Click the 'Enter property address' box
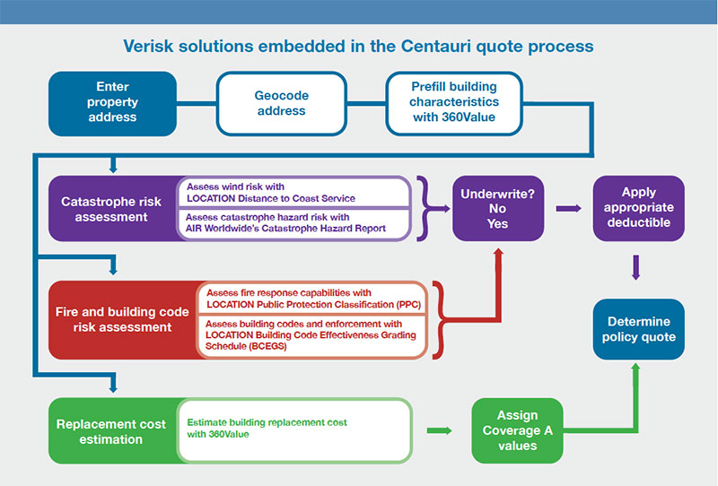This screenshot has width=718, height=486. (112, 103)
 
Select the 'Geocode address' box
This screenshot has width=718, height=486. (281, 103)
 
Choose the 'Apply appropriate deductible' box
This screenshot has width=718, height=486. (638, 208)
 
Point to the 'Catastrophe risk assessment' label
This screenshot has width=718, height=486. (111, 209)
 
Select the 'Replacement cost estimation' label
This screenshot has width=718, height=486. (110, 431)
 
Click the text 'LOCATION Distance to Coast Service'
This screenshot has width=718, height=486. (270, 197)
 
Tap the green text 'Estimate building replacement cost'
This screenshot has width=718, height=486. (267, 421)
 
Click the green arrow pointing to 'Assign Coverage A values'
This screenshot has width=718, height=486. (439, 431)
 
